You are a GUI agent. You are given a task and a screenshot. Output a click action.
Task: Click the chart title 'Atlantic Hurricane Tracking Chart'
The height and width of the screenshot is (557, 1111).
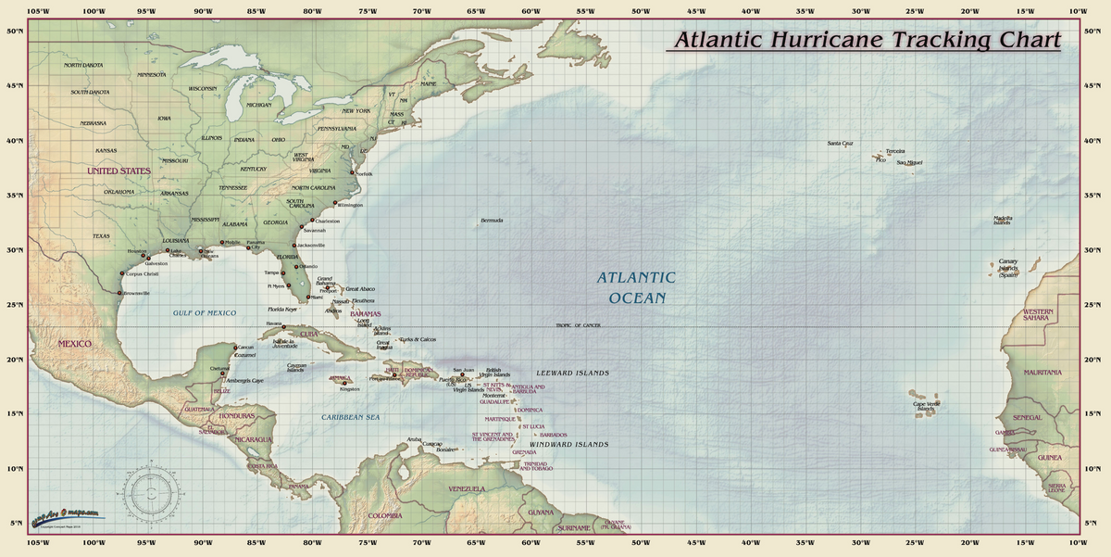pos(867,41)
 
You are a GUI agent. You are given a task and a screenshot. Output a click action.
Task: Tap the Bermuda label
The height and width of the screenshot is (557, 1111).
pos(492,221)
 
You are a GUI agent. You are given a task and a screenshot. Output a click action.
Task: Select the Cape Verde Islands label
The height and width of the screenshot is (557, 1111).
pos(926,406)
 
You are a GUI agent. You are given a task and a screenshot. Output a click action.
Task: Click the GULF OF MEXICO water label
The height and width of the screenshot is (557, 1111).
pos(205,313)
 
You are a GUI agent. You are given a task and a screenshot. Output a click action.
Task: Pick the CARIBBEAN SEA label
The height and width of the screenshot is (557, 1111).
pos(351,417)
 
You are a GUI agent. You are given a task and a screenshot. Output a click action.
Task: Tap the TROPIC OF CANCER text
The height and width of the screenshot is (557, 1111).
pos(578,325)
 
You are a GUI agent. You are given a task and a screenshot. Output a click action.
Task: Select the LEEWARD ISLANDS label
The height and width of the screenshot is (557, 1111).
pos(573,373)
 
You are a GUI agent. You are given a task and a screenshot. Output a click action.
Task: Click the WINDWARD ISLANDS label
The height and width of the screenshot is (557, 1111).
pos(573,445)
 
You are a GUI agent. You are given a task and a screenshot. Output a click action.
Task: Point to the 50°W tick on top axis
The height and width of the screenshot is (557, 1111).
pos(640,10)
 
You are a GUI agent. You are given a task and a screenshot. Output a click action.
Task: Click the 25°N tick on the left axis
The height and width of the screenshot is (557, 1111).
pos(13,305)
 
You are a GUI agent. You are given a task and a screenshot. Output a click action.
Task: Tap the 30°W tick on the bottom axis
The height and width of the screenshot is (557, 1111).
pos(860,543)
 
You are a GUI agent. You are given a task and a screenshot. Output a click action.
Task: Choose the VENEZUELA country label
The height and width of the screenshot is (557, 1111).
pos(467,488)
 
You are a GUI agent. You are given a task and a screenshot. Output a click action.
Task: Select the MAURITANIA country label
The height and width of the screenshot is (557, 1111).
pos(1042,372)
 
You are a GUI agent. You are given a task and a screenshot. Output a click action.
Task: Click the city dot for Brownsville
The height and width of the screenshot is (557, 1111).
pos(119,293)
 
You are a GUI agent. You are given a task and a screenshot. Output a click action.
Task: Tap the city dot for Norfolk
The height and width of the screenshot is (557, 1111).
pos(352,172)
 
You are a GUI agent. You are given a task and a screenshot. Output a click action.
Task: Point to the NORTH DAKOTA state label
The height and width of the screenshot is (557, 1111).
pos(83,66)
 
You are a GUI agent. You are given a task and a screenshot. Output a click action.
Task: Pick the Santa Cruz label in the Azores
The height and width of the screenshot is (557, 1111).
pos(840,144)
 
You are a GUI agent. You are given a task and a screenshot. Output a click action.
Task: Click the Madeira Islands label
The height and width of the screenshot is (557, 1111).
pos(1003,221)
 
